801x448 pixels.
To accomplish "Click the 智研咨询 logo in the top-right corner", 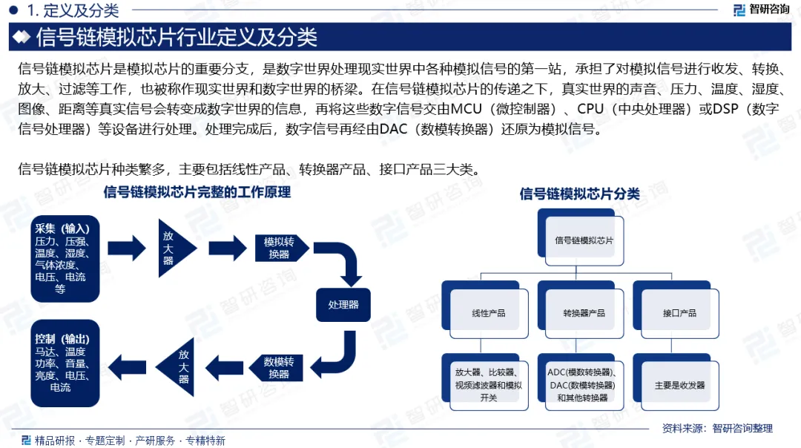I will click(761, 10).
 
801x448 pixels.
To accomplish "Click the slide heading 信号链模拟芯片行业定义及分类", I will click(177, 36).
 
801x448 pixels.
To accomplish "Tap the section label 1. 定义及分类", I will click(72, 10).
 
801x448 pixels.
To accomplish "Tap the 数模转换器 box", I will click(279, 368).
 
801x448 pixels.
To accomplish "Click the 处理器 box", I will click(343, 304).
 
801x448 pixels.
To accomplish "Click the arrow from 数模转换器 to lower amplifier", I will click(222, 363).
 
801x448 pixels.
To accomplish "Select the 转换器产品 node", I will click(584, 312).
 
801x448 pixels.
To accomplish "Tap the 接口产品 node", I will click(679, 312).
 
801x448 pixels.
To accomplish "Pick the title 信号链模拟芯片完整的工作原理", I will click(197, 193).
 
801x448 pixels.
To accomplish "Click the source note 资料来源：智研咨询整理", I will click(716, 428).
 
